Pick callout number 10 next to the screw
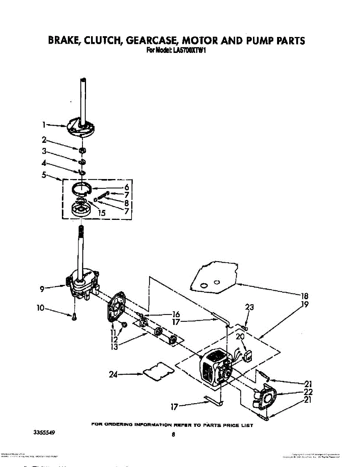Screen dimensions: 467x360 click(x=40, y=308)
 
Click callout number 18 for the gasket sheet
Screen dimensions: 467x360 click(x=305, y=295)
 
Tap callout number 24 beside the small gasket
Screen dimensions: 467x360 click(x=113, y=375)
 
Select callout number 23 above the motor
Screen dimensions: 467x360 click(x=249, y=307)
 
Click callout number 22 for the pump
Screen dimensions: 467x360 click(x=308, y=392)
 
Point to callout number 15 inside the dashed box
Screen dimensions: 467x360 click(x=102, y=213)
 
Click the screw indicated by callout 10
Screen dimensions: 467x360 click(x=74, y=318)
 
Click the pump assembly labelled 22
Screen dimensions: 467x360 click(x=265, y=398)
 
